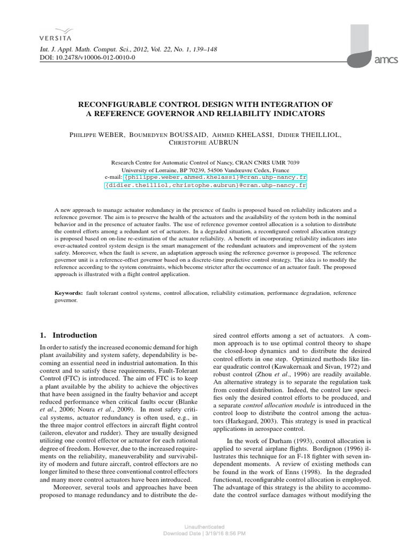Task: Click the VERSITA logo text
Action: (x=55, y=38)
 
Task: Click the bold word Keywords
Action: (x=68, y=293)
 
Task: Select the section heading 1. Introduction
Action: (x=68, y=335)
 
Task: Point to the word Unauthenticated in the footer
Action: (x=205, y=527)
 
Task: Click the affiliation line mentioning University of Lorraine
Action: (x=205, y=169)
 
